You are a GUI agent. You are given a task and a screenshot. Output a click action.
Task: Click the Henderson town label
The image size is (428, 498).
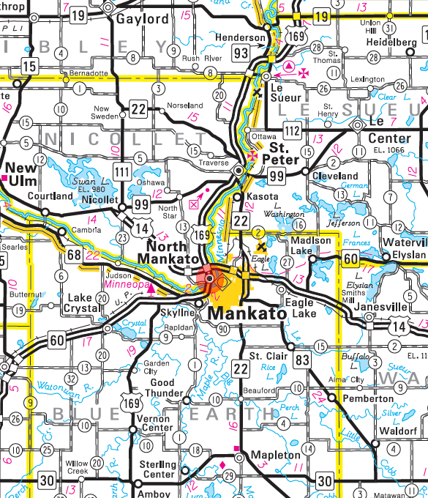coord(240,37)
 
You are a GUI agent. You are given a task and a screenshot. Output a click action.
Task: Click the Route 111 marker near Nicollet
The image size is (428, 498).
coord(122,170)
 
